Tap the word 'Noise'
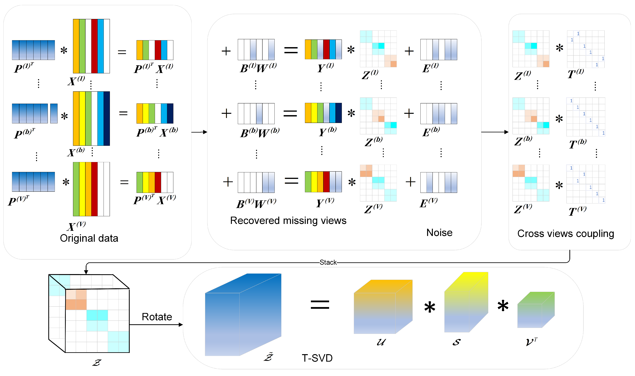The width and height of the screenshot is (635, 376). coord(439,233)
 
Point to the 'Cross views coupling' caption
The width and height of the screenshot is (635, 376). coord(566,234)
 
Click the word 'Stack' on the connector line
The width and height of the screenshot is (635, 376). coord(328,262)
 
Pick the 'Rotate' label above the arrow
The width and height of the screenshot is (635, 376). coord(157,317)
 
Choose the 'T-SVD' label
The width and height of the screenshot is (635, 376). coord(317,358)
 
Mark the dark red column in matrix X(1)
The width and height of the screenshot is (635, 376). coord(94,46)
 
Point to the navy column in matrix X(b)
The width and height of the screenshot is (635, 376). coord(107,119)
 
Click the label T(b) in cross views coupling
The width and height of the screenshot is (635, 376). coord(577,144)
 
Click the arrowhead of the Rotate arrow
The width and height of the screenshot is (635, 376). coord(181,324)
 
